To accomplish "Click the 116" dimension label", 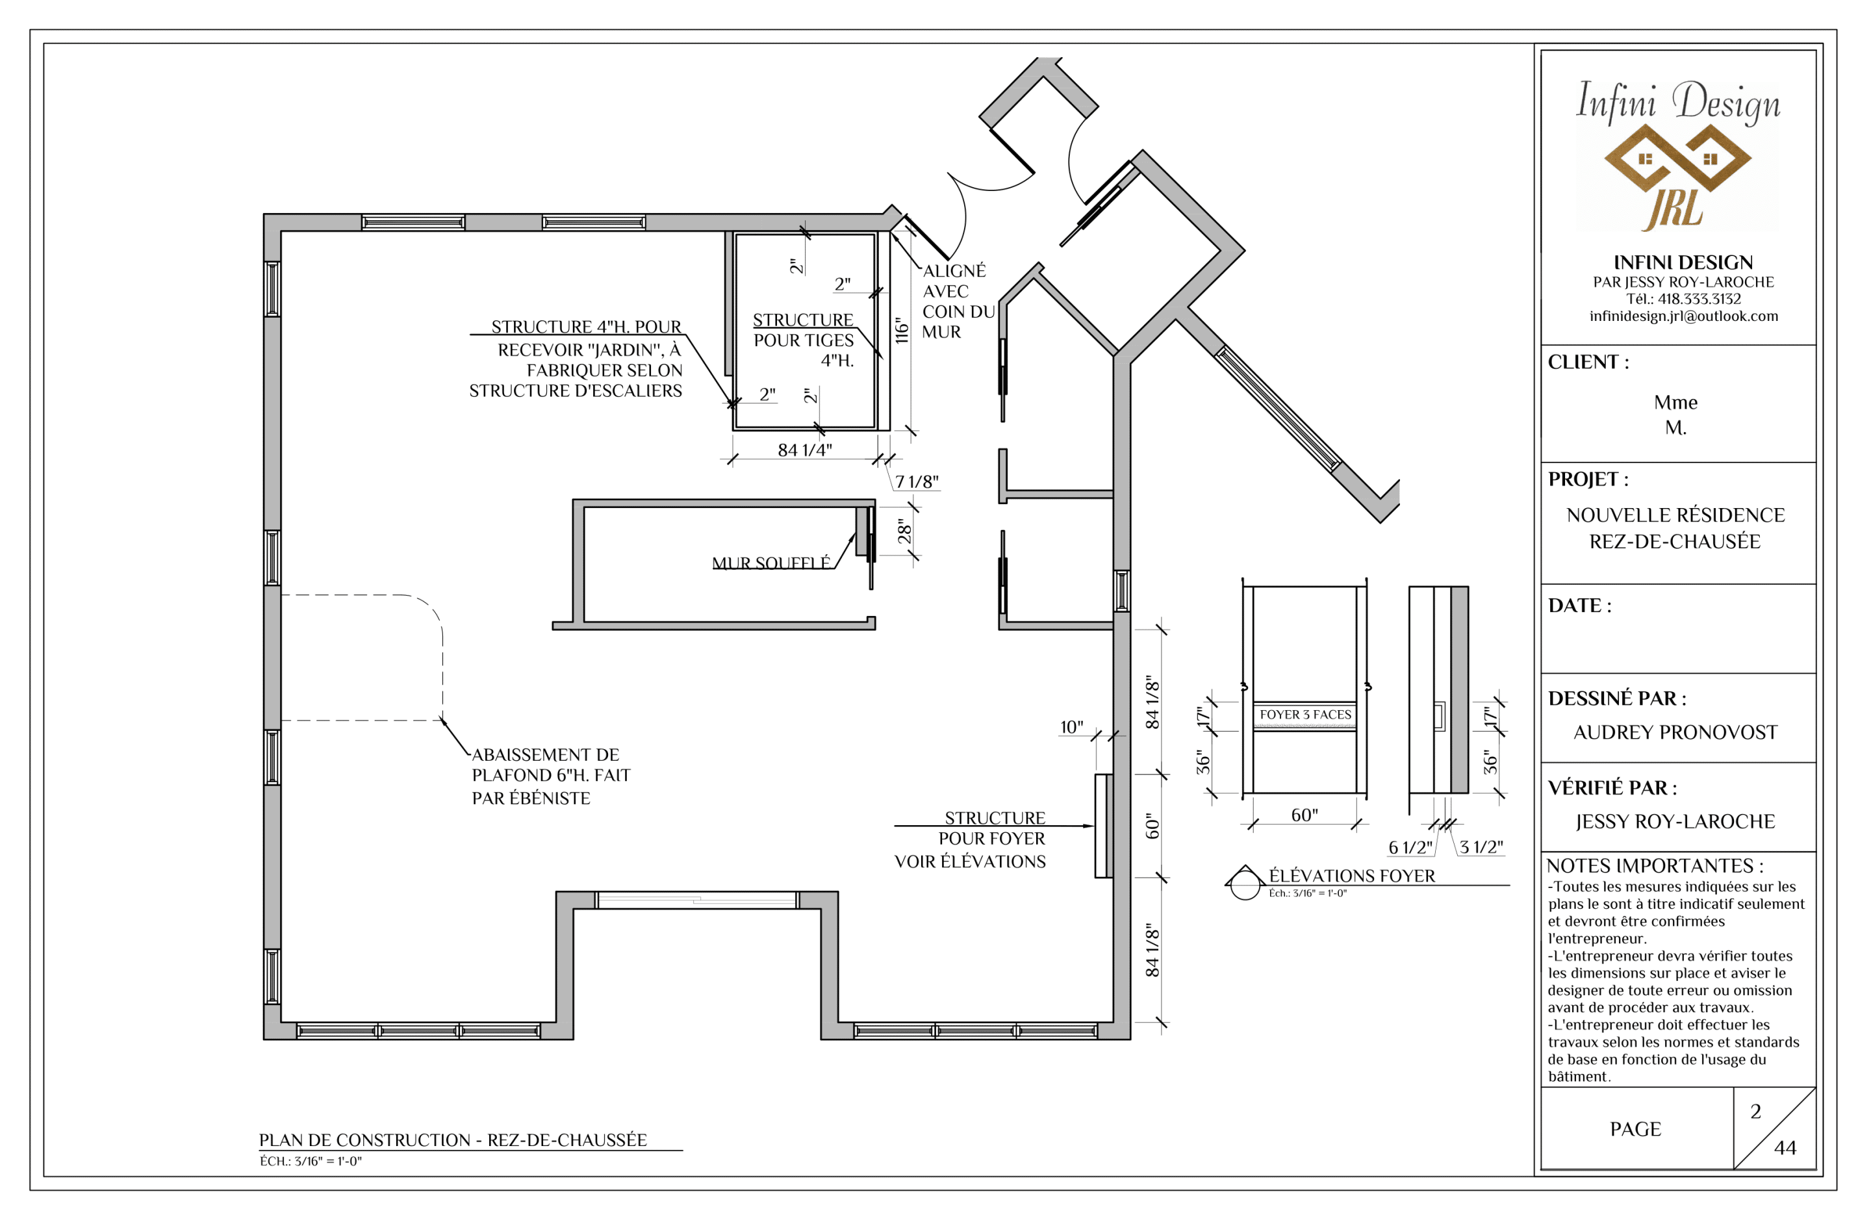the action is [902, 330].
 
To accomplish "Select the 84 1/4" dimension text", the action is [805, 450].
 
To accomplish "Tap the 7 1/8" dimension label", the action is [917, 481].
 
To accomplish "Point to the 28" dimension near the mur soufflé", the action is [905, 532].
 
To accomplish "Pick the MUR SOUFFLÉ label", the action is [771, 563].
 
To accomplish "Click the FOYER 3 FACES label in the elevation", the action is [1306, 715].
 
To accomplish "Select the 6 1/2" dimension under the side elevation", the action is [1410, 848].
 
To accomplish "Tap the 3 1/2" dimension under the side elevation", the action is [1482, 847].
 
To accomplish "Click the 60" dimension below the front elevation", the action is [1305, 815].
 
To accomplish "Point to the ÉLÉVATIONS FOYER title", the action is [1352, 876].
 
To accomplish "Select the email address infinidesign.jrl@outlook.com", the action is [1684, 316].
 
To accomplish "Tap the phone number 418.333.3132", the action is [1699, 299].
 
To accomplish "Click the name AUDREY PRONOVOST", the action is [1675, 732].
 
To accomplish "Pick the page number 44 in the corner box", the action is [1785, 1148].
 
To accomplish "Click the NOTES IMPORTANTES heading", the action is [1655, 866].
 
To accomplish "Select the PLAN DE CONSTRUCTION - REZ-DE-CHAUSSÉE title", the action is [453, 1140].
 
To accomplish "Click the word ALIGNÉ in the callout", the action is [954, 270].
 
